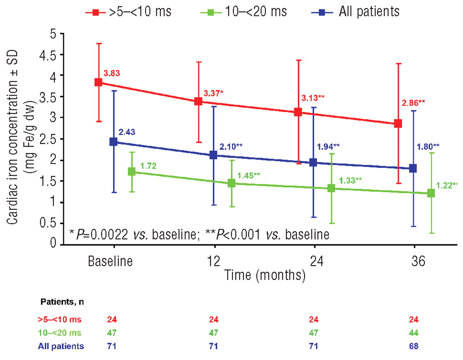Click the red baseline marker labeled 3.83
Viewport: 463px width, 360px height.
tap(98, 82)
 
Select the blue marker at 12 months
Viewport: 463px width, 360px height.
tap(213, 155)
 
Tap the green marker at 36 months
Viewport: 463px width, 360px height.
tap(431, 193)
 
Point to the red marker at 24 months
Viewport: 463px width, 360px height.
tap(298, 112)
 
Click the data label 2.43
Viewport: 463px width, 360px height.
tap(127, 132)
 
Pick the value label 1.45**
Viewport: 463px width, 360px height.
tap(249, 176)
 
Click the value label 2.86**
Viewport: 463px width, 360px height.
tap(413, 103)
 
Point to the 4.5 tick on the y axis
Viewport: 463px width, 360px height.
tap(47, 55)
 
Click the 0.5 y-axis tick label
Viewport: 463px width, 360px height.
tap(47, 223)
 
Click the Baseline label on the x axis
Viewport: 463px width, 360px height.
tap(110, 261)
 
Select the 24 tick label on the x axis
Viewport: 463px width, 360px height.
tap(317, 261)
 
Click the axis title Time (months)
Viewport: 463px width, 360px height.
tap(265, 275)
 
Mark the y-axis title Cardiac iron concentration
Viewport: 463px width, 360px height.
tap(13, 137)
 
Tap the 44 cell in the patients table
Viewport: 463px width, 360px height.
tap(414, 333)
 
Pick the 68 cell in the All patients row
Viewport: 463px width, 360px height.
tap(414, 346)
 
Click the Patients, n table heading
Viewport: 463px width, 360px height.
tap(62, 302)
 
